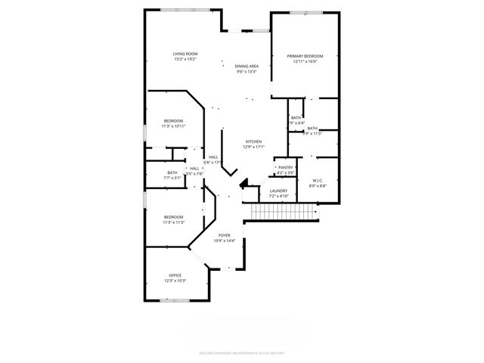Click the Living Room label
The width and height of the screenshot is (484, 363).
[x=185, y=54]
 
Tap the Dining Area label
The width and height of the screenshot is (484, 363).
[x=247, y=67]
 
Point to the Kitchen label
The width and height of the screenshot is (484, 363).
[x=253, y=141]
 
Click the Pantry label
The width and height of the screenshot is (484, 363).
[x=285, y=167]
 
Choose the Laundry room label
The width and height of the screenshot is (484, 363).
[x=278, y=191]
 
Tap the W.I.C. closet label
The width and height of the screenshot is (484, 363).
[x=317, y=180]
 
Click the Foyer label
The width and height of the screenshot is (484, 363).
[x=225, y=236]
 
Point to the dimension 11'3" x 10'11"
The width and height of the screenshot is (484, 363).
[x=173, y=126]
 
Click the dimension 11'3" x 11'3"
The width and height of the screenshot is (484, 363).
[x=173, y=222]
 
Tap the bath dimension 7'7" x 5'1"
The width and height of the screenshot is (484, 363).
[x=172, y=178]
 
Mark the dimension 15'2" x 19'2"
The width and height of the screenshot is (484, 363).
[x=185, y=59]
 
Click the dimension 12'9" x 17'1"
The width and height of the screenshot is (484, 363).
[x=253, y=147]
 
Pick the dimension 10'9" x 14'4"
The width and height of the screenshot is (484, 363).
[x=225, y=241]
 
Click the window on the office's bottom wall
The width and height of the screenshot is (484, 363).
[x=176, y=300]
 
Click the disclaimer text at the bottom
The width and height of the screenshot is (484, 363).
[x=241, y=352]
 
